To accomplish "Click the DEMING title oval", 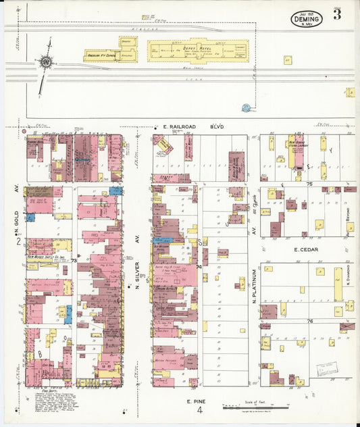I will pos(307,19).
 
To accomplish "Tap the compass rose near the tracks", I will pos(46,62).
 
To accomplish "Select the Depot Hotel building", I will pos(198,50).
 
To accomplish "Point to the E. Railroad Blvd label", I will pos(193,126).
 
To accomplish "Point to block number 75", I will pos(309,184).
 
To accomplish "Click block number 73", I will pos(74,259).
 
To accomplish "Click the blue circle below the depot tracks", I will pos(246,107).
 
